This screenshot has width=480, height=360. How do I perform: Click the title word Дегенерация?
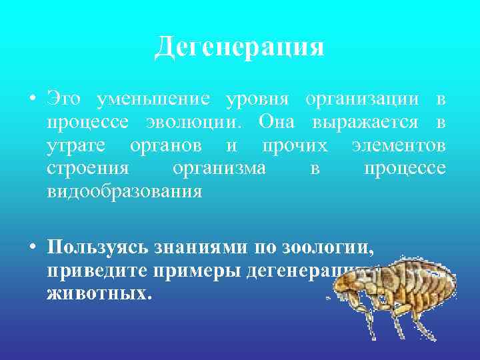(239, 47)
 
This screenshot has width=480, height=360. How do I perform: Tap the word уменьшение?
(153, 101)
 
